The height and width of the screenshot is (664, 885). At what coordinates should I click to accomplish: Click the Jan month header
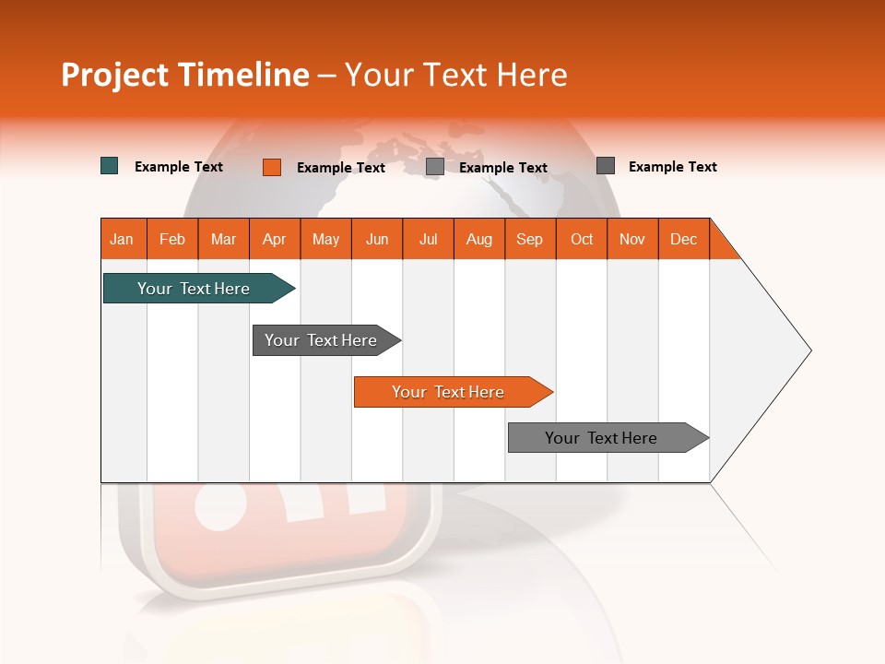click(x=122, y=239)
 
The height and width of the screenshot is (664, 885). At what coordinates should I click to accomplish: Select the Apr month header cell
click(x=274, y=239)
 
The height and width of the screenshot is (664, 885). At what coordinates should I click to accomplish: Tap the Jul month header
click(x=428, y=239)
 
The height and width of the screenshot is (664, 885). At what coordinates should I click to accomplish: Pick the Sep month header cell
click(x=529, y=239)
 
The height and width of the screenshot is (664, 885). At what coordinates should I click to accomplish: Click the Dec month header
click(x=683, y=239)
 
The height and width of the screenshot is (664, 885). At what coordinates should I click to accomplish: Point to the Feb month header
click(x=172, y=239)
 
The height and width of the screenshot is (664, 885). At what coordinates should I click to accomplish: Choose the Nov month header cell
click(x=631, y=239)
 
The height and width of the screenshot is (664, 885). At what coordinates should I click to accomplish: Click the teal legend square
click(x=109, y=166)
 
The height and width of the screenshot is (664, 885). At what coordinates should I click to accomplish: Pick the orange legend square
click(x=272, y=167)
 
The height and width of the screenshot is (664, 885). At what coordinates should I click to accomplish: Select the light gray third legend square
click(x=435, y=167)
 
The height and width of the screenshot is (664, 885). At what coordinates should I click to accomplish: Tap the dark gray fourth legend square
click(x=606, y=166)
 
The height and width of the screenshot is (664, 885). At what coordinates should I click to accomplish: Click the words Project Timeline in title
click(x=184, y=75)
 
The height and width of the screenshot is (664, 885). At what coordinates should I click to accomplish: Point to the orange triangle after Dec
click(x=722, y=245)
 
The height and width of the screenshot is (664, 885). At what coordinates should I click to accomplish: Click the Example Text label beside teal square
click(x=179, y=167)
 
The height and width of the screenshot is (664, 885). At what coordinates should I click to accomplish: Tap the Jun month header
click(x=377, y=239)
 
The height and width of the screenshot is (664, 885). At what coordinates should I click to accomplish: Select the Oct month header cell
click(x=582, y=239)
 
